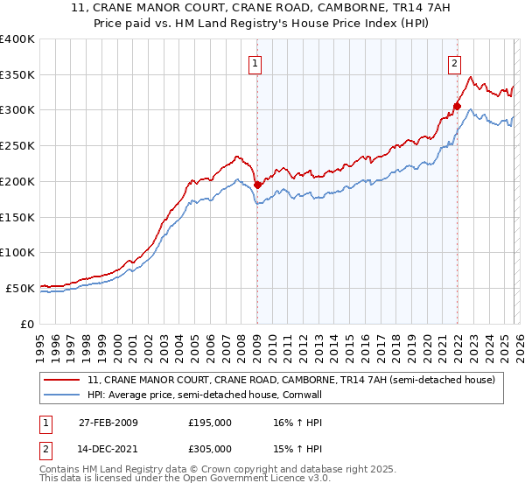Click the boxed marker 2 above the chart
(455, 63)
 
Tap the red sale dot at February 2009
(257, 185)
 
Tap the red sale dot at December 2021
(457, 106)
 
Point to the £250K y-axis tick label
(17, 145)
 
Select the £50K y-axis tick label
(20, 288)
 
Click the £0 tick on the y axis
(28, 324)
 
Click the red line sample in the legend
(62, 380)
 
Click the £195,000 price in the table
(210, 422)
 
